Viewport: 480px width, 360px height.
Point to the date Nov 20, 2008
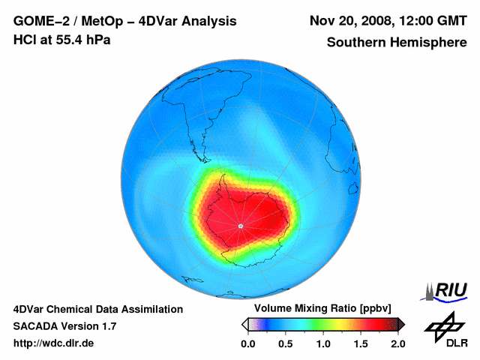(352, 21)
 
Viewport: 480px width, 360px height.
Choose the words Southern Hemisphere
(396, 43)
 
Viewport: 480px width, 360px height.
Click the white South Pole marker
(240, 226)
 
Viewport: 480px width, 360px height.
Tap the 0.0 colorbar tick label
(248, 343)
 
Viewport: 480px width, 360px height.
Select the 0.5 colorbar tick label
(286, 343)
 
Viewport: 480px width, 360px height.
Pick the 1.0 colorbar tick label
(323, 343)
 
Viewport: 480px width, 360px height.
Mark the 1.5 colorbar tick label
(361, 343)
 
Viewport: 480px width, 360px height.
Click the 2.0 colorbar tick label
(397, 343)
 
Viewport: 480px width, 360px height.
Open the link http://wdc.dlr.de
(54, 343)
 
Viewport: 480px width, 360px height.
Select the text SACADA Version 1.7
(65, 326)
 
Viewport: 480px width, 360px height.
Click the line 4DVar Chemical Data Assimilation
(98, 309)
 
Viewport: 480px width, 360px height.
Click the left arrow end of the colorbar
(244, 324)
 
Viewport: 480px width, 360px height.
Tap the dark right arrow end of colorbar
(401, 324)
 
